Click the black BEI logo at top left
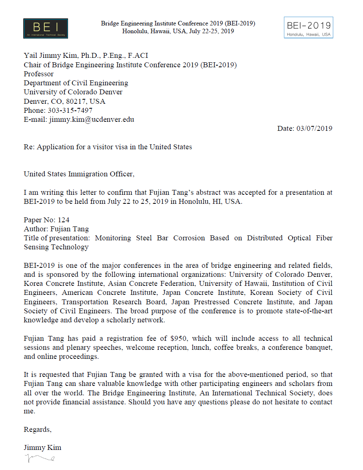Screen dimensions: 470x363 pyautogui.click(x=45, y=29)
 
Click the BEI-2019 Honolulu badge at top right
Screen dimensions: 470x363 pyautogui.click(x=308, y=27)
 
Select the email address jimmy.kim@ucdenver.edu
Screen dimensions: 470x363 pyautogui.click(x=92, y=120)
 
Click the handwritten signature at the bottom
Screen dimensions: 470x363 pyautogui.click(x=39, y=459)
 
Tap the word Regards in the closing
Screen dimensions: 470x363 pyautogui.click(x=37, y=429)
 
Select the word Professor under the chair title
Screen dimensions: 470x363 pyautogui.click(x=39, y=74)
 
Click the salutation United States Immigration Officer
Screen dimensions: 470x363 pyautogui.click(x=79, y=174)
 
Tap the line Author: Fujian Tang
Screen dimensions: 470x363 pyautogui.click(x=56, y=229)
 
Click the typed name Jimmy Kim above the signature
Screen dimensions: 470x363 pyautogui.click(x=42, y=447)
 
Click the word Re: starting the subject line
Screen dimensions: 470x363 pyautogui.click(x=29, y=146)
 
